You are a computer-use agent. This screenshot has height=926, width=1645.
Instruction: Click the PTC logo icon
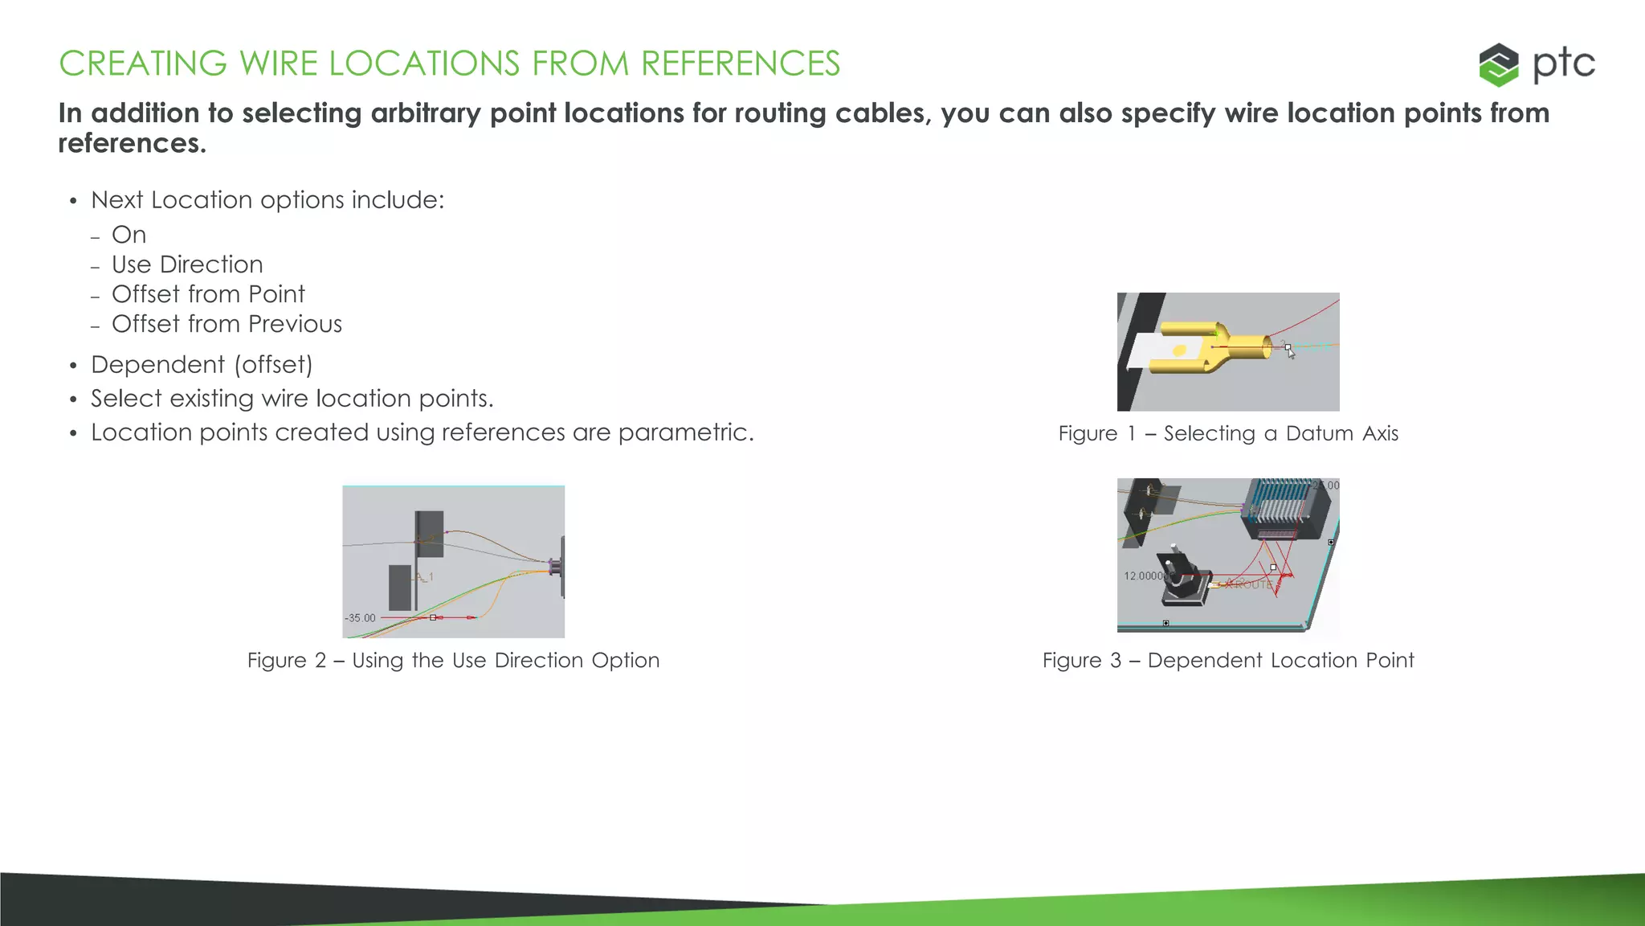coord(1498,64)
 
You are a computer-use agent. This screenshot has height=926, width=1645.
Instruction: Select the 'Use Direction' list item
coord(187,264)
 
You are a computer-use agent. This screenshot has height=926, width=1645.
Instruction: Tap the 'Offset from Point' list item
coord(208,294)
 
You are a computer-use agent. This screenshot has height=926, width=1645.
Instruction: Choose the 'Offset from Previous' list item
coord(227,324)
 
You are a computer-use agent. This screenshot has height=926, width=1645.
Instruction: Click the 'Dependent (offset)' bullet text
coord(202,365)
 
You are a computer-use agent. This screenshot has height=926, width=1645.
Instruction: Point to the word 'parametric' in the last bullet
coord(682,432)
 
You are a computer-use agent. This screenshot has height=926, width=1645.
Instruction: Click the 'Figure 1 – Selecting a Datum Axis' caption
coord(1228,433)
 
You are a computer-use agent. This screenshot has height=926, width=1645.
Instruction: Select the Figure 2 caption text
coord(453,660)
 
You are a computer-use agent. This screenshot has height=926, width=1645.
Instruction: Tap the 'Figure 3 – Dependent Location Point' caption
coord(1228,660)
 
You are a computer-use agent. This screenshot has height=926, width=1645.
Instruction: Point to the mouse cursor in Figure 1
coord(1290,351)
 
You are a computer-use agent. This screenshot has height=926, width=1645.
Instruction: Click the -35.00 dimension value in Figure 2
coord(361,618)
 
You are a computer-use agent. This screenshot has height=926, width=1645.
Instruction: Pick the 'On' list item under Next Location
coord(129,235)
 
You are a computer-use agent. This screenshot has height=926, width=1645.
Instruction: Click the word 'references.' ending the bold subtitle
coord(133,143)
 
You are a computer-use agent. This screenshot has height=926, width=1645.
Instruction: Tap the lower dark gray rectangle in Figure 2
coord(400,587)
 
